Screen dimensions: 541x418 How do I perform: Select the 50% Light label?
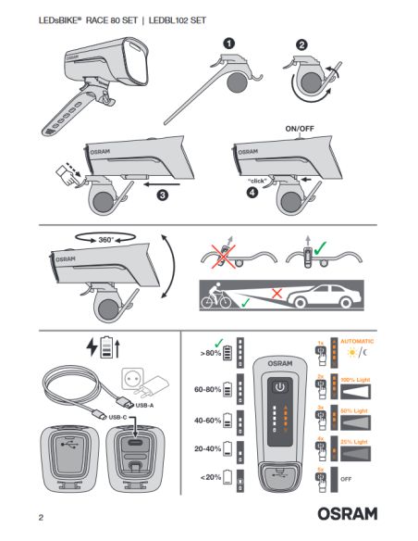(x=358, y=409)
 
